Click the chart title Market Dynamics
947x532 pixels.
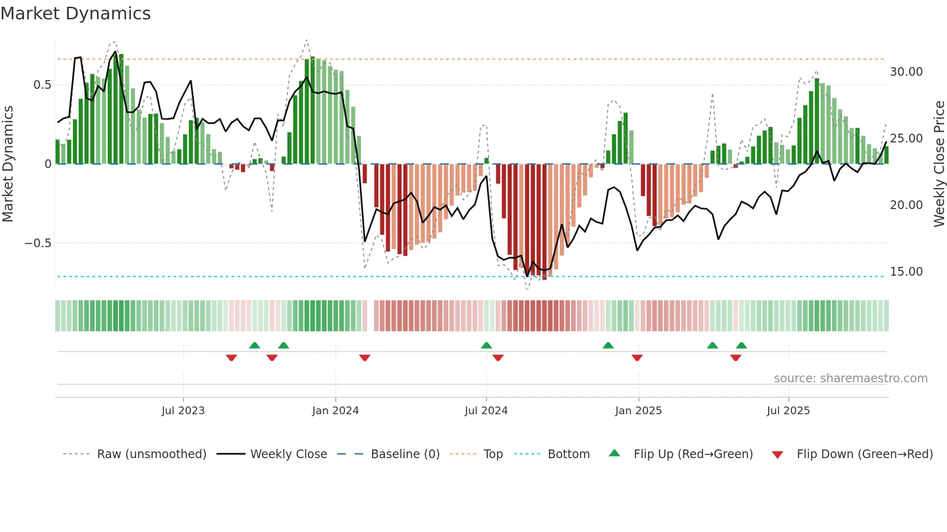tap(75, 14)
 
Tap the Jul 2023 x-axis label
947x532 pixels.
tap(183, 411)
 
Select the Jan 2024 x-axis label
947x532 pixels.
tap(335, 411)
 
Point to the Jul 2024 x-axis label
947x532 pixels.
tap(486, 411)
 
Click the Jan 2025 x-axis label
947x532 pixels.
tap(638, 411)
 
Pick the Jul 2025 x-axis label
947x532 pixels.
tap(788, 411)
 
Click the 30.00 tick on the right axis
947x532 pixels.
tap(906, 72)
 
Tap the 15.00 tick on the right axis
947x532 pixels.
tap(906, 272)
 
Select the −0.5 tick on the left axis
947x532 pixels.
tap(38, 243)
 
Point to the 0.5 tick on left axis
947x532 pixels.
tap(43, 85)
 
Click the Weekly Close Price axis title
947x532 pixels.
tap(939, 164)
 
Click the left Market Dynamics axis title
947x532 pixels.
tap(8, 164)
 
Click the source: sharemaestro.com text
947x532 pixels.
tap(850, 378)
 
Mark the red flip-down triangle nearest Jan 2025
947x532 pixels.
tap(637, 358)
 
